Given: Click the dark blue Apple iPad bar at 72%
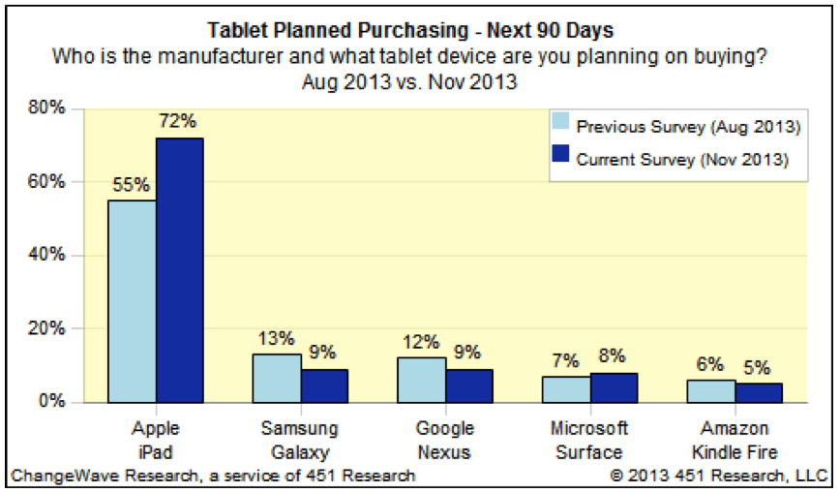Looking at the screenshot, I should pos(180,270).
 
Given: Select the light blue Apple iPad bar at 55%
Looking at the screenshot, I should pos(133,301).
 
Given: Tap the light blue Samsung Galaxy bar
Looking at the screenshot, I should pos(277,378).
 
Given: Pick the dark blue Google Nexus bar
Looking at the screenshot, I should pos(469,385).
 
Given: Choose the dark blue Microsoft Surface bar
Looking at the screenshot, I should pos(614,387).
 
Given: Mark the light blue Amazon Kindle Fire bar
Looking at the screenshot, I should pos(711,390).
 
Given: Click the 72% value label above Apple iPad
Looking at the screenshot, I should pos(179,122).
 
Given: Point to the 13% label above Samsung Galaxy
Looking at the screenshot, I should pos(276,338).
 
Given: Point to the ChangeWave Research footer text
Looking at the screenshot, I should pos(213,476).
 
